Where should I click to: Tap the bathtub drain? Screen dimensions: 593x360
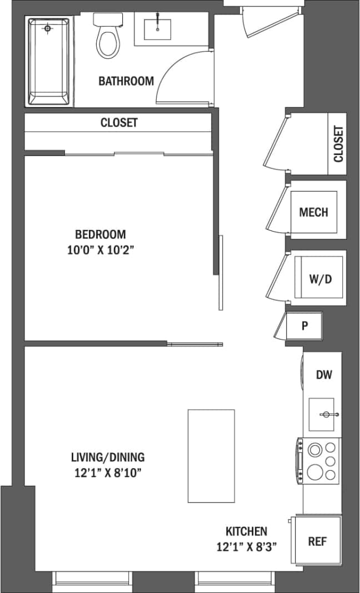point(48,28)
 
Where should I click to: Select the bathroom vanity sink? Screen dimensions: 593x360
point(157,28)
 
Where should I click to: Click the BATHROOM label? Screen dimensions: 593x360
point(126,81)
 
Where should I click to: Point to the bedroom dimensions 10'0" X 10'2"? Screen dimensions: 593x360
point(101,250)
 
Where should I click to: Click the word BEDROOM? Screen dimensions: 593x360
point(101,234)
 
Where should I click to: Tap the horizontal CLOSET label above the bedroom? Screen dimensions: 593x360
point(119,123)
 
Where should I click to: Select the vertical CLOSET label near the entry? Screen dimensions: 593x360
point(338,143)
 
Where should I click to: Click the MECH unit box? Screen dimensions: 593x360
point(313,212)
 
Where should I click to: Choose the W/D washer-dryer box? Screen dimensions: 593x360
point(320,279)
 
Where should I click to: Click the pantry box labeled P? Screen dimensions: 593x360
point(304,326)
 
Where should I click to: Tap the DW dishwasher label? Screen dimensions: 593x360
point(324,375)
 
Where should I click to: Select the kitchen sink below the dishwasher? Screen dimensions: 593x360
point(322,414)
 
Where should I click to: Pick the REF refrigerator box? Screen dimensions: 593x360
point(317,541)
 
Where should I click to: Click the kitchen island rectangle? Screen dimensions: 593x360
point(211,455)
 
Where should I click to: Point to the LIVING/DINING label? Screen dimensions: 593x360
point(108,458)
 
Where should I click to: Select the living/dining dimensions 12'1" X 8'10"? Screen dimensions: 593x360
point(108,473)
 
